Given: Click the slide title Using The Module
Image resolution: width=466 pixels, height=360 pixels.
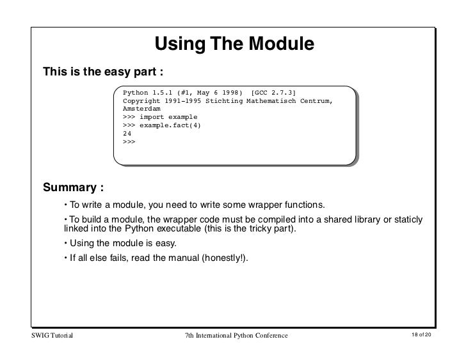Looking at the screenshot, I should coord(234,44).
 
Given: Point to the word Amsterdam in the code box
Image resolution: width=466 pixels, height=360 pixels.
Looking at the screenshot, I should coord(141,109).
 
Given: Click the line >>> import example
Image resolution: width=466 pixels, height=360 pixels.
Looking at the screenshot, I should coord(159,117).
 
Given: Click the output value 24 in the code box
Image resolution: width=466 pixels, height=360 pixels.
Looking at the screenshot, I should coord(127,134).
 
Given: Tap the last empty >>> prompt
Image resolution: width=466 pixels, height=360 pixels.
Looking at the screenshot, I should coord(129,141).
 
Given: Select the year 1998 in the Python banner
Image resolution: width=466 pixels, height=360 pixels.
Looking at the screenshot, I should coord(232,93).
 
